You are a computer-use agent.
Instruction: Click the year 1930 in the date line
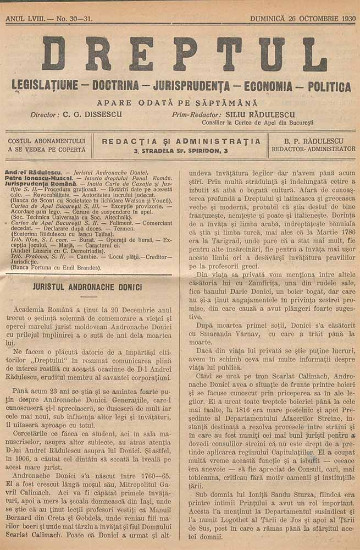345,19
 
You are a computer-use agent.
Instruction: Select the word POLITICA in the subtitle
329,87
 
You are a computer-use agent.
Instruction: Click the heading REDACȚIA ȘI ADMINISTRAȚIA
181,141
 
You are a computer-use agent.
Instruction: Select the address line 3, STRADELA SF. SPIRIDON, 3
181,150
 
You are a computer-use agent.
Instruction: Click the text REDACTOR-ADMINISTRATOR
313,149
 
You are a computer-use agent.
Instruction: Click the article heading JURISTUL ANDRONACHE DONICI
88,287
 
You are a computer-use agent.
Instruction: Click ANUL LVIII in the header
24,19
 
